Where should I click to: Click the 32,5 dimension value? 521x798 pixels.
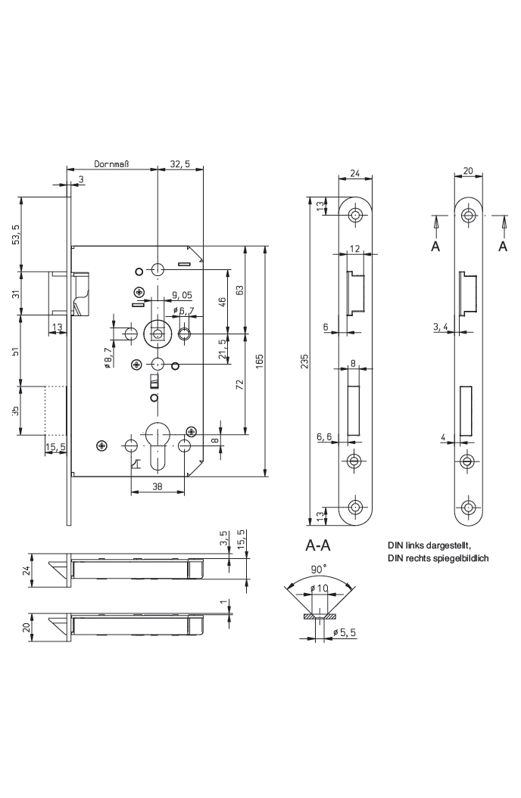tap(180, 163)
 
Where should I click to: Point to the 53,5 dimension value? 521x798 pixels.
tap(17, 234)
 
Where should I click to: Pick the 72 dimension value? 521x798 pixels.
tap(239, 384)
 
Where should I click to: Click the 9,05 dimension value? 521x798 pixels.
tap(182, 295)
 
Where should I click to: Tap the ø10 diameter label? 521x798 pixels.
tap(320, 588)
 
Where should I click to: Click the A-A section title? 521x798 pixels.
tap(318, 545)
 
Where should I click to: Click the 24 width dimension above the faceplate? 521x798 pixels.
tap(354, 173)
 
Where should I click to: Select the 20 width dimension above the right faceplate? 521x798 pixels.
tap(468, 171)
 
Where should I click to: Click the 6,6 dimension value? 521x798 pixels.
tap(323, 436)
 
